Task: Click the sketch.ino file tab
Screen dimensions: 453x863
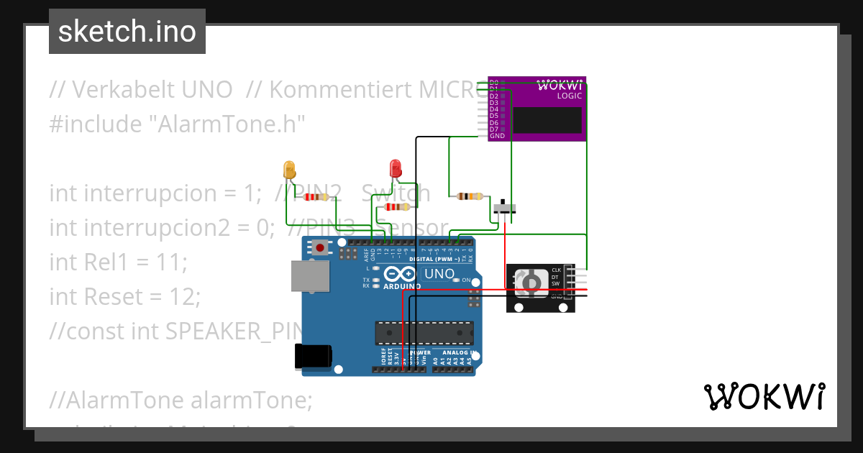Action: click(127, 32)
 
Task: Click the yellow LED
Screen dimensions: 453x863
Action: click(290, 170)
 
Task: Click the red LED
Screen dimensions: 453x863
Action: click(395, 169)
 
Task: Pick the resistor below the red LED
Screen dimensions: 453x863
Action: click(397, 207)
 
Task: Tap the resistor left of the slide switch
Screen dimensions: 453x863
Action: click(470, 196)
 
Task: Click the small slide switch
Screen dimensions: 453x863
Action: click(504, 208)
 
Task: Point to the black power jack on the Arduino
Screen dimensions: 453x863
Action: click(314, 357)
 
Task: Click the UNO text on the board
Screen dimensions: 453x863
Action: click(439, 274)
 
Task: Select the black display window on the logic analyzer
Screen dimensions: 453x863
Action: click(547, 120)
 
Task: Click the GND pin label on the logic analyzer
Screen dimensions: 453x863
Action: click(497, 136)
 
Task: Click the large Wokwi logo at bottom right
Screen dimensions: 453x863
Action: click(764, 396)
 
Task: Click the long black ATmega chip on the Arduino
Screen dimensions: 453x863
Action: click(424, 333)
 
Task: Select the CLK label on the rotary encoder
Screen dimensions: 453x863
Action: click(556, 270)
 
